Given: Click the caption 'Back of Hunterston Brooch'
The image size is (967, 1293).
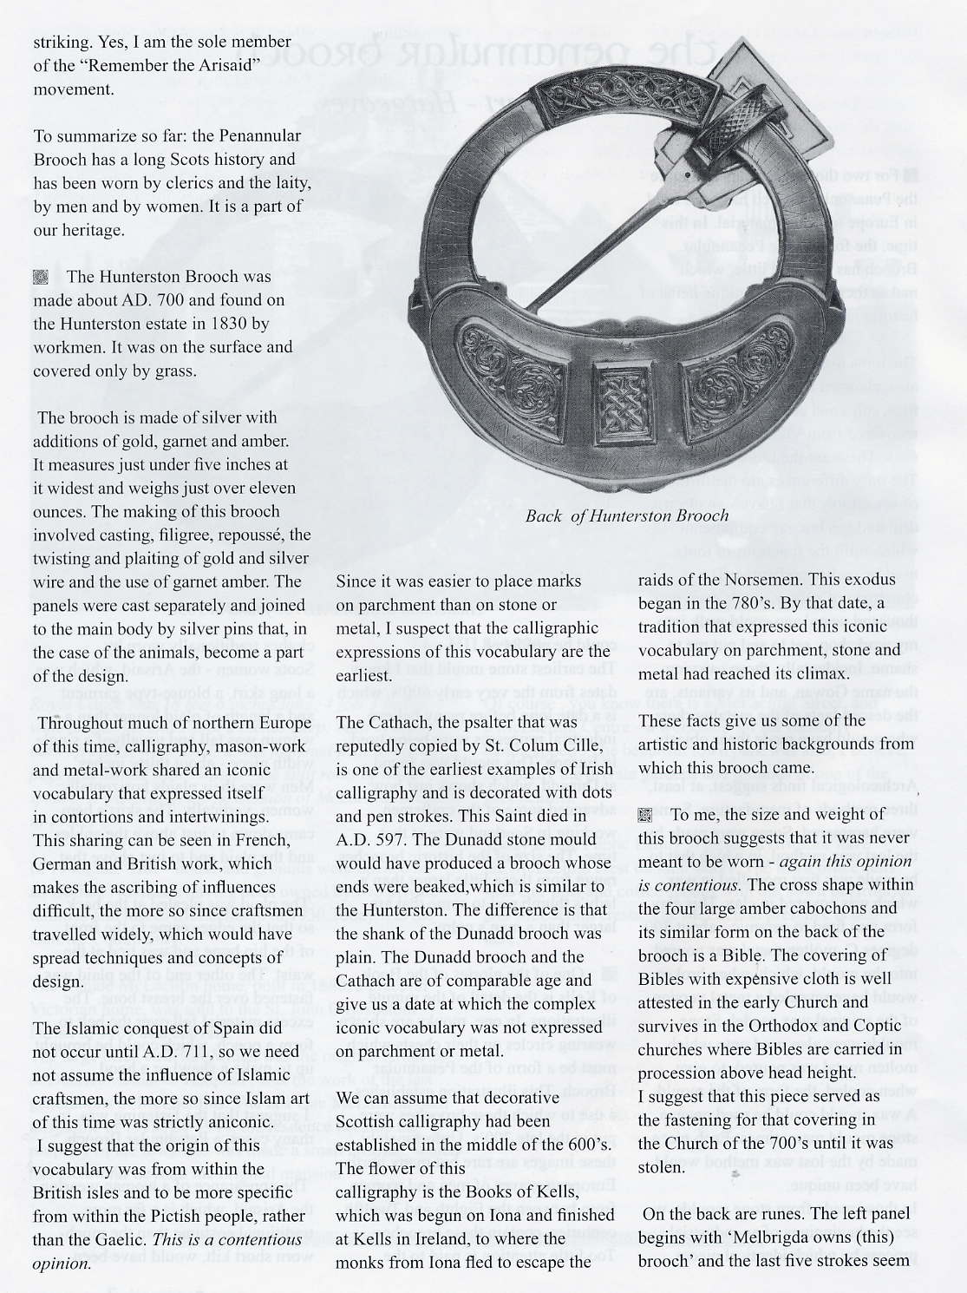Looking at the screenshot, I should pos(626,515).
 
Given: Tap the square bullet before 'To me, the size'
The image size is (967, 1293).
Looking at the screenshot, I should pos(644,815).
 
